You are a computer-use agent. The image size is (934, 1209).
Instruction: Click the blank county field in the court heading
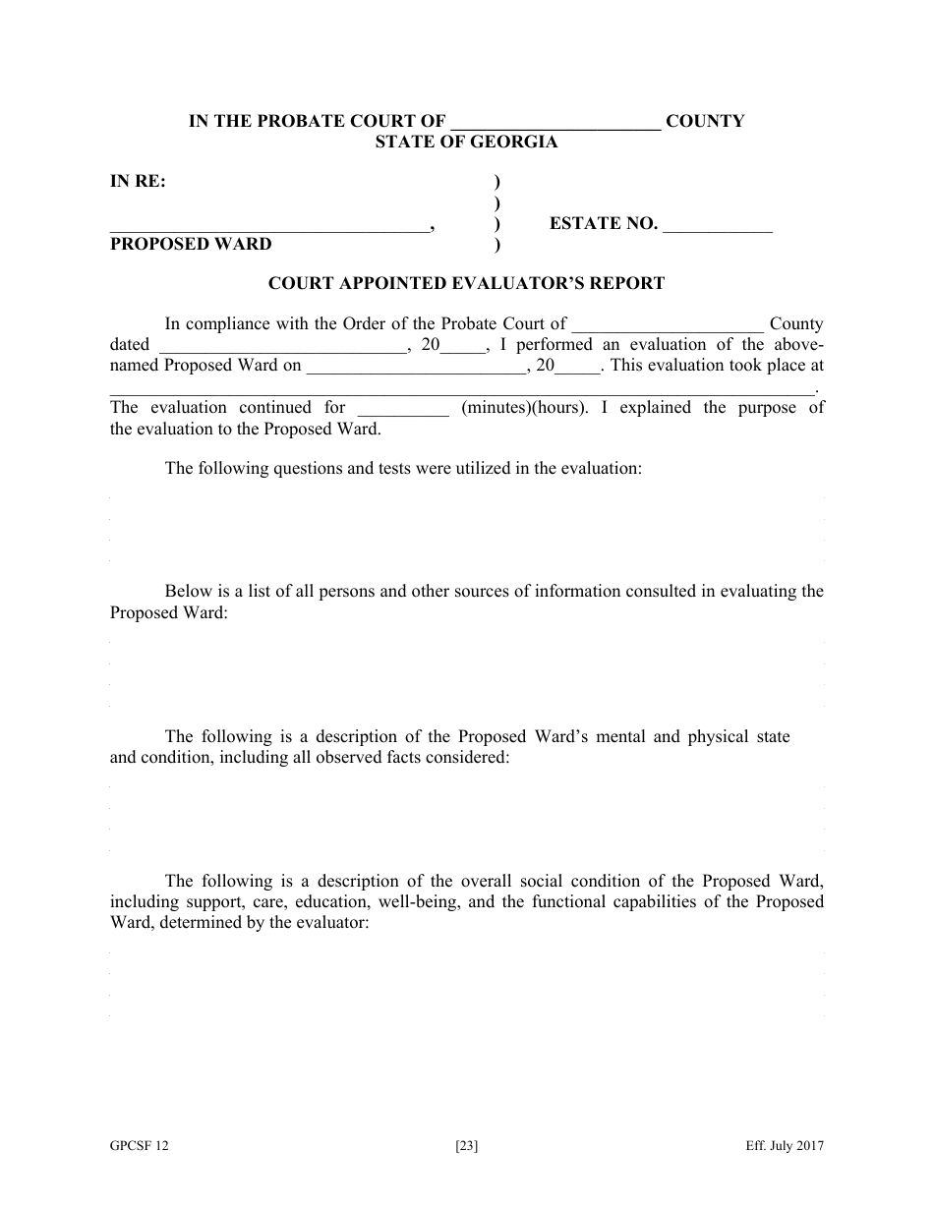(555, 123)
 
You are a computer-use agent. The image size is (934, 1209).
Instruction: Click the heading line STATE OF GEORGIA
(466, 142)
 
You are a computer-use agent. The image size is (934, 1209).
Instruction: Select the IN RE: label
(138, 181)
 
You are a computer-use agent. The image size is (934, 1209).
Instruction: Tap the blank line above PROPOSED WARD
(268, 225)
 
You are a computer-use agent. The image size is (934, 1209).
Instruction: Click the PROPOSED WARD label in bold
(191, 244)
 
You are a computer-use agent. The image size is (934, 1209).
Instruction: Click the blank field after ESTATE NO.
(718, 225)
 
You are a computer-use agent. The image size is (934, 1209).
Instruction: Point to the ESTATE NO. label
(603, 224)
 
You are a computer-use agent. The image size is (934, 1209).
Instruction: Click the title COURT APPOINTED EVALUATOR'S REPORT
(466, 283)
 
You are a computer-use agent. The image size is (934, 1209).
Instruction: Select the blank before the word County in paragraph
(667, 324)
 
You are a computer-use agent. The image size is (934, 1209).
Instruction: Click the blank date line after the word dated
(281, 346)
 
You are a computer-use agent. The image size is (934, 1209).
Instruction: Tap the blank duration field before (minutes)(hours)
(403, 408)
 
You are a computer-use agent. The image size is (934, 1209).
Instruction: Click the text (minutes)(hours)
(524, 408)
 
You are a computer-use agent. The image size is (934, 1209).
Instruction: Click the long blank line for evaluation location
(462, 387)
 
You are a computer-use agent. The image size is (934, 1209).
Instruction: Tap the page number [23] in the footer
(467, 1146)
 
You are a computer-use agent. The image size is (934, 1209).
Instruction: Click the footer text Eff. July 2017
(784, 1146)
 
